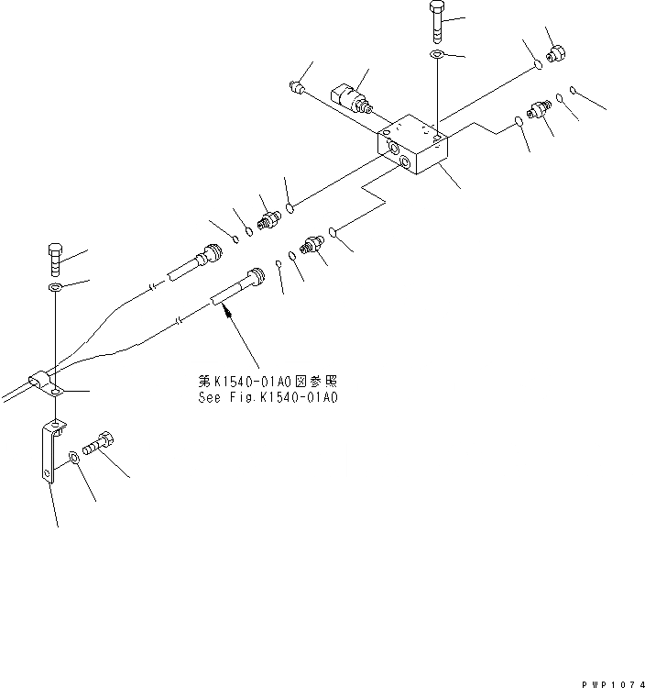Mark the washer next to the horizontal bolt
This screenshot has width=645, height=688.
[72, 456]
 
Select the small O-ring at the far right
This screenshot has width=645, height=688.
[572, 90]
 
